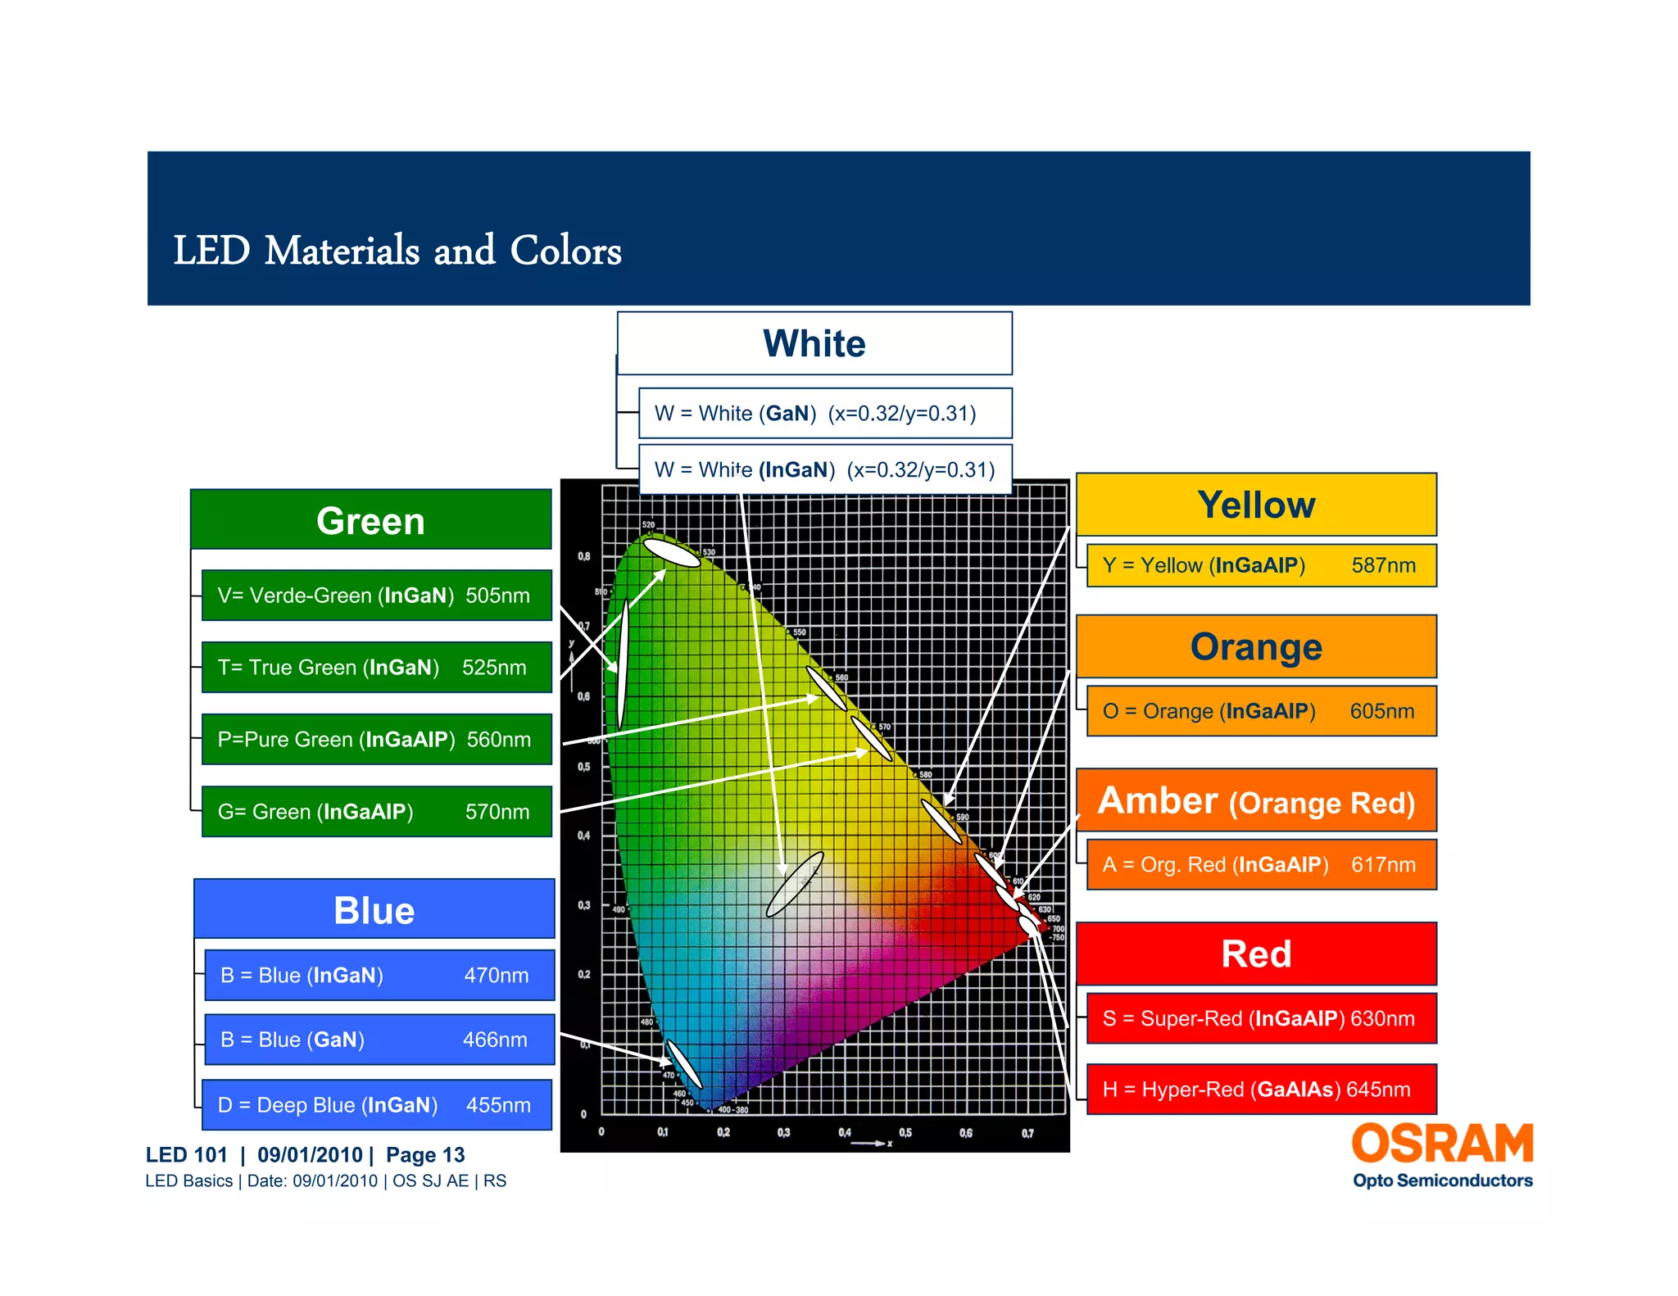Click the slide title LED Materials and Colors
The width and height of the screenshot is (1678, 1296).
[397, 251]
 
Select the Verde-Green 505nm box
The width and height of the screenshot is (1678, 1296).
[376, 596]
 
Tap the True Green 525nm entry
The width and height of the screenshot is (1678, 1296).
[376, 668]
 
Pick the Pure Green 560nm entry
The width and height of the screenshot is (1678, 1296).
[376, 740]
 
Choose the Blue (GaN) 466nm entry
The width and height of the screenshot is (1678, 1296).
[379, 1040]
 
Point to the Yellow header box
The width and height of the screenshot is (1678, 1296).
[1256, 505]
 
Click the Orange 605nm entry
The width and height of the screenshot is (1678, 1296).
[1261, 711]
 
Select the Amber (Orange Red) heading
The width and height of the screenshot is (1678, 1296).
[1256, 801]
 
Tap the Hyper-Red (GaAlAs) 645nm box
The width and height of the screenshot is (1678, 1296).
[1261, 1090]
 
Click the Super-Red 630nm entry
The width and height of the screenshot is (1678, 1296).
[1261, 1018]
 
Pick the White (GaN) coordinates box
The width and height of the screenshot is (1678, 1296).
[824, 414]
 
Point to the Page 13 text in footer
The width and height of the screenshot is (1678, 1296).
[425, 1155]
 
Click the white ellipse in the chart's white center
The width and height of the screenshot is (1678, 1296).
[794, 884]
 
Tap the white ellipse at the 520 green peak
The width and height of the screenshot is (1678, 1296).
[672, 552]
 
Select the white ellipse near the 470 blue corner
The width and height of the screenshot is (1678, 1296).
[684, 1064]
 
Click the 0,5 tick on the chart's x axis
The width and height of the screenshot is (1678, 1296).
[905, 1133]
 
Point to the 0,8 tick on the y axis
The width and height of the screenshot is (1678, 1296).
[583, 556]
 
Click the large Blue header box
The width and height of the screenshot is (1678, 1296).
[374, 909]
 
